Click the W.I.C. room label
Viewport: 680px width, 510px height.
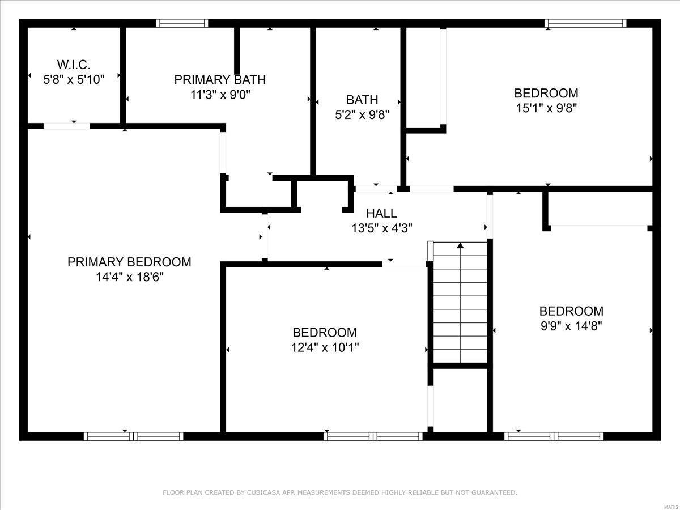[x=74, y=65]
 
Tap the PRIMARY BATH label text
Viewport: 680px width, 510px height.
[x=220, y=80]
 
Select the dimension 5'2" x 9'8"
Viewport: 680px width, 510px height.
[x=362, y=114]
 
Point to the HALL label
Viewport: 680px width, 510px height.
[x=381, y=214]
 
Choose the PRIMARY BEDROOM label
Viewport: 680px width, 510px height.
[x=129, y=262]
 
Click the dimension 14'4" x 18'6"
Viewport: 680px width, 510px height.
[x=129, y=277]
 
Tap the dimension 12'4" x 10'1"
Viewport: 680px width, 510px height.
[x=325, y=347]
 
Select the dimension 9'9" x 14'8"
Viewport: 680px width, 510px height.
[x=571, y=326]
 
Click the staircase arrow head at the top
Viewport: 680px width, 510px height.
[x=461, y=245]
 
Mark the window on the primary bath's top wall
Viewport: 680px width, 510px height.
[x=182, y=23]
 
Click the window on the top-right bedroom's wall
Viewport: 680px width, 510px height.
[x=585, y=23]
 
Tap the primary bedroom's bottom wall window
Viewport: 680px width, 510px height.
[x=133, y=436]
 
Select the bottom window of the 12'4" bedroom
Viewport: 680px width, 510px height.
[x=373, y=436]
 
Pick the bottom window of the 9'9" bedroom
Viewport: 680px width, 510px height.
[x=554, y=436]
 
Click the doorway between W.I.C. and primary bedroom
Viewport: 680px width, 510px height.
[x=67, y=126]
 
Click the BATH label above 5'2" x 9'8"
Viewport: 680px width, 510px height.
[x=362, y=100]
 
